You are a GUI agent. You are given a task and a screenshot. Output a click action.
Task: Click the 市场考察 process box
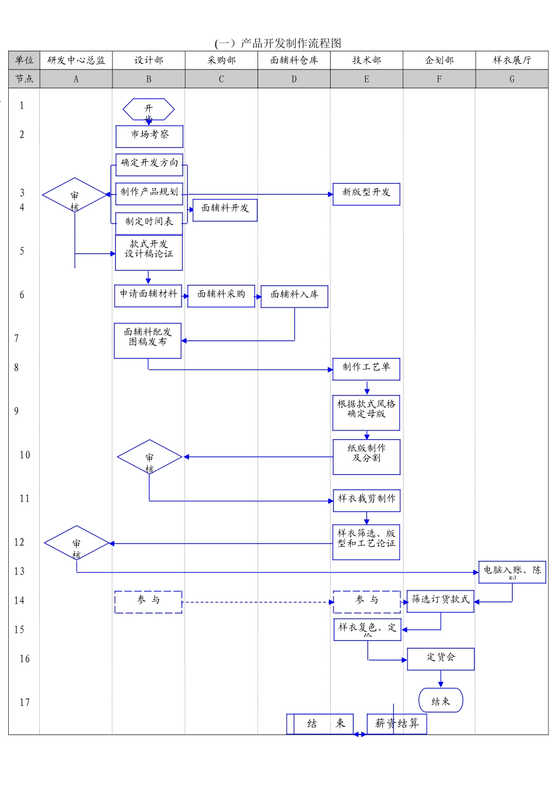click(x=149, y=136)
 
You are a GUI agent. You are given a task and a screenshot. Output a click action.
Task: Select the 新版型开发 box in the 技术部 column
click(x=366, y=194)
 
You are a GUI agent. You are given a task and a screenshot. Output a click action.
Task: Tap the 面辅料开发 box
click(x=225, y=209)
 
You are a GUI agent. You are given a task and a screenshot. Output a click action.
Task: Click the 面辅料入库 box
click(x=294, y=296)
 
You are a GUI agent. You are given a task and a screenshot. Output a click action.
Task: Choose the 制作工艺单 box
click(x=366, y=368)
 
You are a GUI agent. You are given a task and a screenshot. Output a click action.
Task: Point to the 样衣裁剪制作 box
click(x=366, y=500)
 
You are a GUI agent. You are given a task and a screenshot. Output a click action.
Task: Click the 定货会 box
click(x=440, y=659)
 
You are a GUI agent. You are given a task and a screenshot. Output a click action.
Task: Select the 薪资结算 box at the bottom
click(x=397, y=723)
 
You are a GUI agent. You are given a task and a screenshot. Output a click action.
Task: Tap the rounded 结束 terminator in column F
click(x=441, y=701)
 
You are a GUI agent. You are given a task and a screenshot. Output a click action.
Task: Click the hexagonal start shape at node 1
click(x=149, y=110)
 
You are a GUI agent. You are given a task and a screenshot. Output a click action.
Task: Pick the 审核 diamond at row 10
click(x=149, y=457)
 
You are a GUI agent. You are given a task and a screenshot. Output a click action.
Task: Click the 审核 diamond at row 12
click(x=77, y=543)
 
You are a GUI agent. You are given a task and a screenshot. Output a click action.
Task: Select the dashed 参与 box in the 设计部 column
click(x=148, y=602)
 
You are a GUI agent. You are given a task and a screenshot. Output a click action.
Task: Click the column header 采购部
click(x=221, y=60)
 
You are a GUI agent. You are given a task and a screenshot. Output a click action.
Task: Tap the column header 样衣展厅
click(x=512, y=60)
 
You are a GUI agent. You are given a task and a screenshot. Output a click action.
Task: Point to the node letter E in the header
click(x=366, y=79)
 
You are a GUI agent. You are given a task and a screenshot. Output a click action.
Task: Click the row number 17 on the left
click(x=24, y=702)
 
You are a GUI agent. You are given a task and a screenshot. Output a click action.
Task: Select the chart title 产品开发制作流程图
click(x=278, y=43)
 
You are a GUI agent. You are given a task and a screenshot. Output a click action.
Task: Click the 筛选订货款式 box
click(x=440, y=601)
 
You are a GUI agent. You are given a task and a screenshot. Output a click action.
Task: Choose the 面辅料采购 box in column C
click(x=221, y=295)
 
